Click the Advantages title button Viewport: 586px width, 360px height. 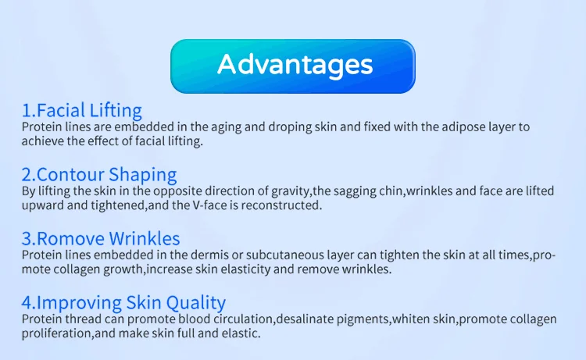tap(293, 66)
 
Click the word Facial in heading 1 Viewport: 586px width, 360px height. tap(61, 110)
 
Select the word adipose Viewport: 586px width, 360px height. tap(463, 127)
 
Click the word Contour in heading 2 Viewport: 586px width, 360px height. tap(70, 174)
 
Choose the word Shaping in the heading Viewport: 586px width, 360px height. tap(143, 175)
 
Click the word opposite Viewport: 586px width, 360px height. tap(177, 191)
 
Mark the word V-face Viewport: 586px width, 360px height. tap(209, 205)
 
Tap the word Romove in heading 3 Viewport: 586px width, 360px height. tap(70, 239)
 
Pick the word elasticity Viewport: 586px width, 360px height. tap(245, 269)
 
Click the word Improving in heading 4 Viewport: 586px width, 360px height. tap(79, 303)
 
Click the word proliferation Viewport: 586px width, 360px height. tap(56, 333)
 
